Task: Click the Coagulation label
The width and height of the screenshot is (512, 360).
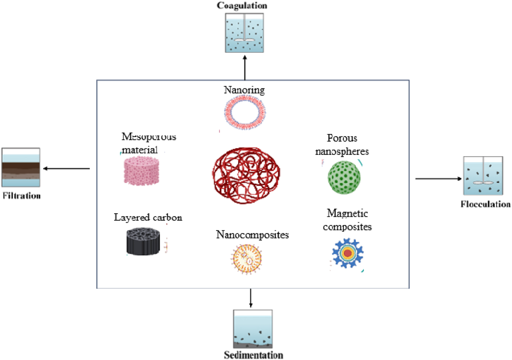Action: tap(242, 5)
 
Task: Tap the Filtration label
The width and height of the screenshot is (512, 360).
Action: tap(22, 196)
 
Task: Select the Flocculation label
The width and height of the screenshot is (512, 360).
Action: tap(485, 204)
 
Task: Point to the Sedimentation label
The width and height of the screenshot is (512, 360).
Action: tap(253, 355)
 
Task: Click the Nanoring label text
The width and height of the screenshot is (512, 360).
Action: tap(244, 90)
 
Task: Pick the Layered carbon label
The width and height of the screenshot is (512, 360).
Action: tap(148, 218)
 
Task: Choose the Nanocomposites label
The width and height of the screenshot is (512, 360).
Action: tap(252, 235)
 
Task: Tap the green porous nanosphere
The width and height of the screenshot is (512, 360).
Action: tap(344, 177)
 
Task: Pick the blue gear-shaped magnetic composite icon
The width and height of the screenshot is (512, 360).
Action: tap(348, 253)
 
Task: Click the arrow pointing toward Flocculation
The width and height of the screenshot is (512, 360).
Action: tap(438, 179)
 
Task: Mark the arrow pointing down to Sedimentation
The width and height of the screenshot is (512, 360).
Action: tap(251, 298)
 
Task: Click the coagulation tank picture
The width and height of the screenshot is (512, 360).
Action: tap(244, 33)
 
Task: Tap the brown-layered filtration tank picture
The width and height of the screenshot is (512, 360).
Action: tap(21, 167)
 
